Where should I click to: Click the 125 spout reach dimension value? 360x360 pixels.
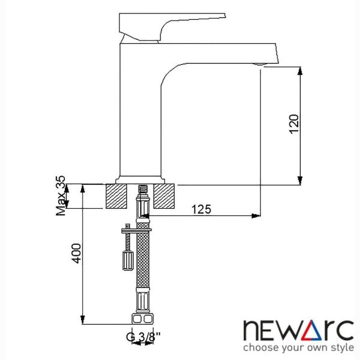[x=200, y=209]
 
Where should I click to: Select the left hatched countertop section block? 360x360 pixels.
[x=116, y=197]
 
